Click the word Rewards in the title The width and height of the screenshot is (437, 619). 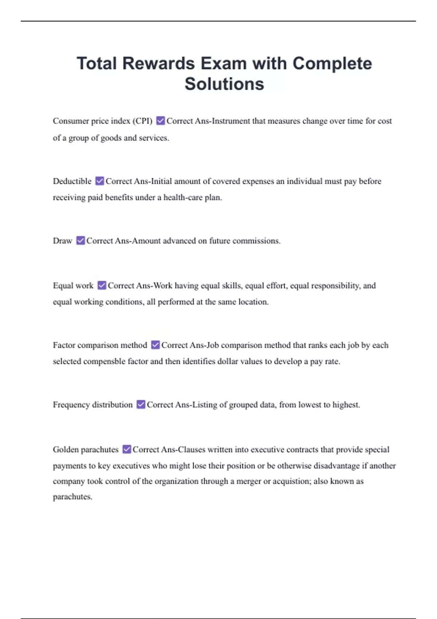coord(158,64)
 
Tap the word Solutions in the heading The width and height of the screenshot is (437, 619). coord(224,84)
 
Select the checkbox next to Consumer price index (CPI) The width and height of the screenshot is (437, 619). coord(160,121)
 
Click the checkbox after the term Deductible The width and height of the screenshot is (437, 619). coord(99,181)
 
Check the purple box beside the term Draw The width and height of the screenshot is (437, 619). coord(80,241)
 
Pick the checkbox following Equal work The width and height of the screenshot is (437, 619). coord(102,285)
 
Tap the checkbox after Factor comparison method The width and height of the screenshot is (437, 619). coord(155,345)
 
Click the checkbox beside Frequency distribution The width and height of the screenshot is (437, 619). coord(141,405)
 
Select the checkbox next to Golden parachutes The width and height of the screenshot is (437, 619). coord(126,449)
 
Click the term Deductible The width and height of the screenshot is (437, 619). coord(72,181)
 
